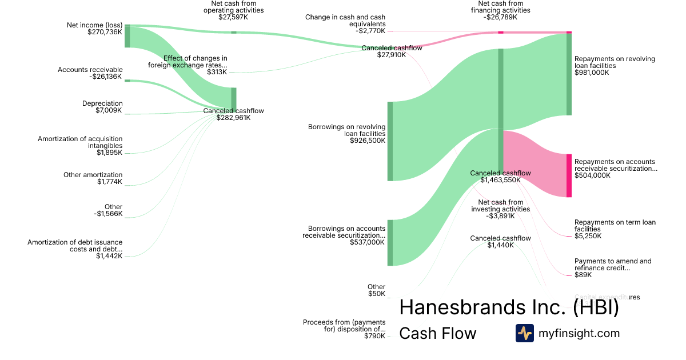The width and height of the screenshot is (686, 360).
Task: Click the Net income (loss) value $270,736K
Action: pos(105,33)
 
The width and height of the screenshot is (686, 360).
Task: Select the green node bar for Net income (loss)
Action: pos(127,36)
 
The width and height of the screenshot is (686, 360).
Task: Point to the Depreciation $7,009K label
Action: pos(102,107)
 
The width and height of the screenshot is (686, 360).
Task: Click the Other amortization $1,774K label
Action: pos(93,178)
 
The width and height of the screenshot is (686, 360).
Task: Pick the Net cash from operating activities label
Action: pos(233,10)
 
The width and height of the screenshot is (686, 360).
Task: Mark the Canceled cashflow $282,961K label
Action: pos(233,114)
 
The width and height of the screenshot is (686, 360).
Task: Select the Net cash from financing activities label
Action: pos(500,10)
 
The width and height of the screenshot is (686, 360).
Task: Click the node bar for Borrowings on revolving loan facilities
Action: pos(390,141)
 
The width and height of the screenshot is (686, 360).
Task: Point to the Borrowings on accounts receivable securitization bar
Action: pos(390,242)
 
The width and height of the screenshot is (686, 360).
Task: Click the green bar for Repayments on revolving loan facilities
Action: pos(569,74)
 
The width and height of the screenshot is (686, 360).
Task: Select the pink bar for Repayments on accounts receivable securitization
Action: pos(569,175)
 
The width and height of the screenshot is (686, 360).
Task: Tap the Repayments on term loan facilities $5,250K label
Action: pos(615,229)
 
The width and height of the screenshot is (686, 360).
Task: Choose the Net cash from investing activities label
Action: pos(500,209)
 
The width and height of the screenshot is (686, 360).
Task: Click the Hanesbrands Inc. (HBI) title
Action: pos(509,307)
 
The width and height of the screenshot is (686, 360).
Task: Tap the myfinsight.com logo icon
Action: pos(524,333)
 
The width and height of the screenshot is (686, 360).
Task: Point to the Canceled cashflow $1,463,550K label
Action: pos(500,176)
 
